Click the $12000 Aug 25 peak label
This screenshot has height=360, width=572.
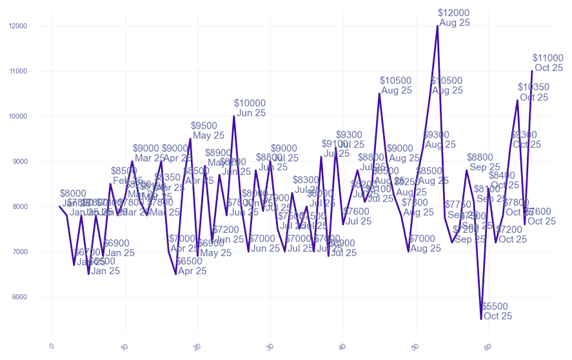(454, 17)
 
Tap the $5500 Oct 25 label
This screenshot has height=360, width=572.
(497, 311)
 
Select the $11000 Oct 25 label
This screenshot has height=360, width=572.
(548, 63)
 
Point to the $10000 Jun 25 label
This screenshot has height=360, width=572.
(250, 108)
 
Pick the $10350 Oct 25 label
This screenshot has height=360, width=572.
(534, 92)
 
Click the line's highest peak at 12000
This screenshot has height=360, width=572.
(437, 26)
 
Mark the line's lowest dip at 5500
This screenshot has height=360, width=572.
(481, 319)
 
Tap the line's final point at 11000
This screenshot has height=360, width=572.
(532, 71)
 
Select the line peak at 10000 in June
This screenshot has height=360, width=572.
(233, 116)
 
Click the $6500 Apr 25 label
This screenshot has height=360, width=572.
(191, 266)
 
